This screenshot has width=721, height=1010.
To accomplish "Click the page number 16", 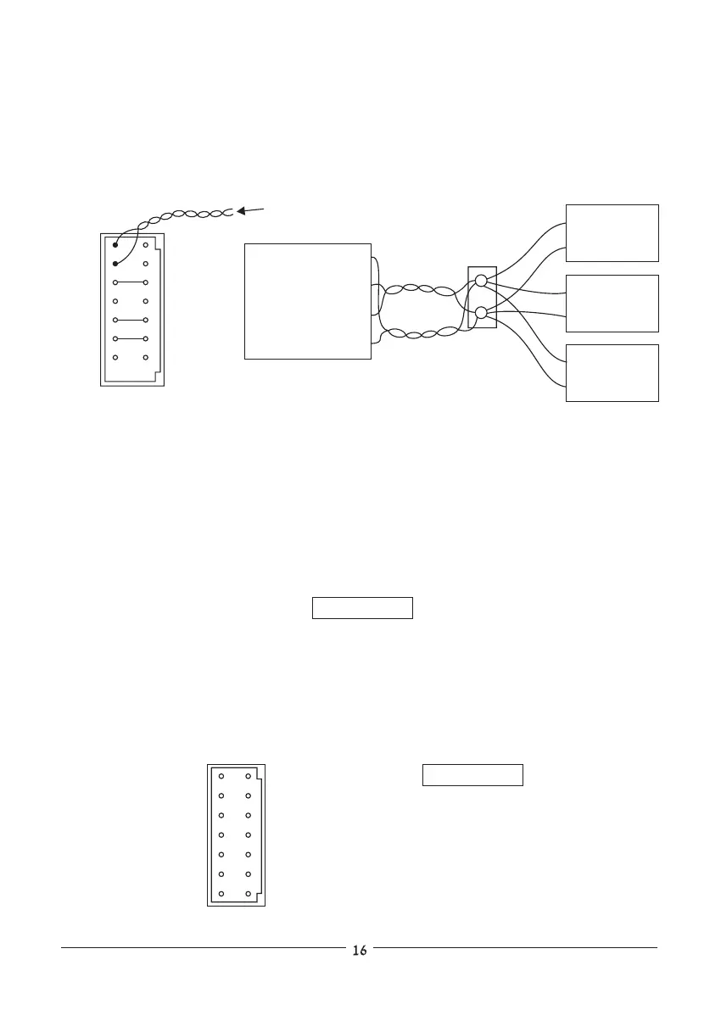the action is coord(360,951).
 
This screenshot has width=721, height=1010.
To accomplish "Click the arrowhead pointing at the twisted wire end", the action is coord(242,209).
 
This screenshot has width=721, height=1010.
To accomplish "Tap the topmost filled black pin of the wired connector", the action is coord(116,245).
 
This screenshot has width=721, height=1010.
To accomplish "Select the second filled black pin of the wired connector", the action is coord(116,264).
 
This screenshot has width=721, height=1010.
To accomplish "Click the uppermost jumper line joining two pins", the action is coord(131,282).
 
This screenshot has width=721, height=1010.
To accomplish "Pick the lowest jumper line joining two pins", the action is coord(131,338).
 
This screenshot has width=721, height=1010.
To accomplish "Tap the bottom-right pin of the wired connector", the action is coord(146,358).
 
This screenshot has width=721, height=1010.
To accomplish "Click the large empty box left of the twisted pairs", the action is coord(307,301).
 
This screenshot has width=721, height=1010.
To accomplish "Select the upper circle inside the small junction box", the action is coord(481,281).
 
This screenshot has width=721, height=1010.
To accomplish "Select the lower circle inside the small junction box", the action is coord(481,313).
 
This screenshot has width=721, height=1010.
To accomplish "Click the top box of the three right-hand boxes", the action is coord(612,232).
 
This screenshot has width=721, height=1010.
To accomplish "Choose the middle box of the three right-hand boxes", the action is coord(612,303).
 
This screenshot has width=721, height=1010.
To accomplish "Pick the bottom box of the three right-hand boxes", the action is coord(612,372).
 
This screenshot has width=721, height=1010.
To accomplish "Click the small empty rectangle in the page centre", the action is coord(362,608).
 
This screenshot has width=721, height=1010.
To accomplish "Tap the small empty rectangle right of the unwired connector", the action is coord(472,775).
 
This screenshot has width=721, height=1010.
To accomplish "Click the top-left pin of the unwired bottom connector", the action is coord(221,776).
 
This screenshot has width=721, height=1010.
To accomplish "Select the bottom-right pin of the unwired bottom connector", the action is coord(249,893).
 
